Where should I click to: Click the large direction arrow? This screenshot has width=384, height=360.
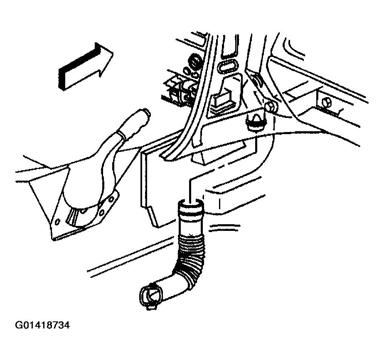pos(86,66)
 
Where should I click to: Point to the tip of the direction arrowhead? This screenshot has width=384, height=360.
pos(113,52)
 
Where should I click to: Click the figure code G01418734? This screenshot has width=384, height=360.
pos(42,325)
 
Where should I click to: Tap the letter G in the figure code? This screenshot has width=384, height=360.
pos(18,325)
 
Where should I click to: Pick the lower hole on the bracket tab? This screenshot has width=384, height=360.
pos(102,212)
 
